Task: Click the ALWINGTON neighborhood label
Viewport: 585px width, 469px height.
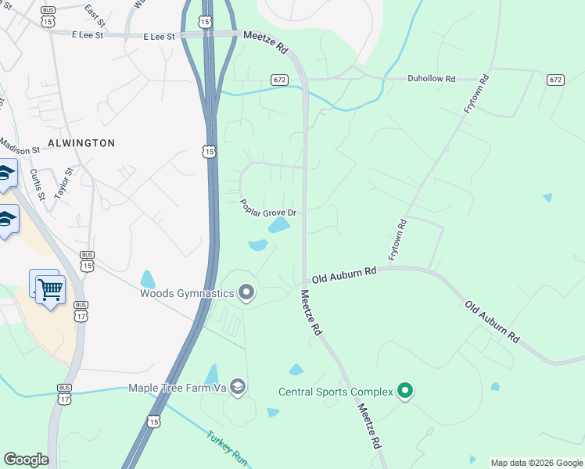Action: click(x=81, y=143)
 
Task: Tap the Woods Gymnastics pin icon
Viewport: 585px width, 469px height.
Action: click(x=246, y=293)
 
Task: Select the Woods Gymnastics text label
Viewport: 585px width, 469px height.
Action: click(x=187, y=294)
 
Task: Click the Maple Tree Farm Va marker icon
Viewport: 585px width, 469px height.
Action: click(x=239, y=387)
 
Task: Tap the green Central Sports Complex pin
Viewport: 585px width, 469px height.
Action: click(x=404, y=390)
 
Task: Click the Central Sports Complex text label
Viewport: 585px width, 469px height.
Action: click(x=336, y=391)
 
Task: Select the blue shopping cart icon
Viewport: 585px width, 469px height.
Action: click(x=51, y=289)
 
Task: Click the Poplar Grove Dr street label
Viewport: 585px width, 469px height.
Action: click(x=268, y=207)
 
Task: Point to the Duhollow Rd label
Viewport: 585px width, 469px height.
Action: click(x=431, y=79)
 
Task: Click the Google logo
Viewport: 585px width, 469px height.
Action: click(x=26, y=460)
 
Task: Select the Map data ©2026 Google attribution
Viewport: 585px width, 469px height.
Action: click(x=537, y=463)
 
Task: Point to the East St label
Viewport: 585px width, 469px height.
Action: click(x=95, y=11)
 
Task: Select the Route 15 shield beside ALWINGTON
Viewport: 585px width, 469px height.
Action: click(x=208, y=150)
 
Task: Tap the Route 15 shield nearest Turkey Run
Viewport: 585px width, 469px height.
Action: click(x=154, y=421)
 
